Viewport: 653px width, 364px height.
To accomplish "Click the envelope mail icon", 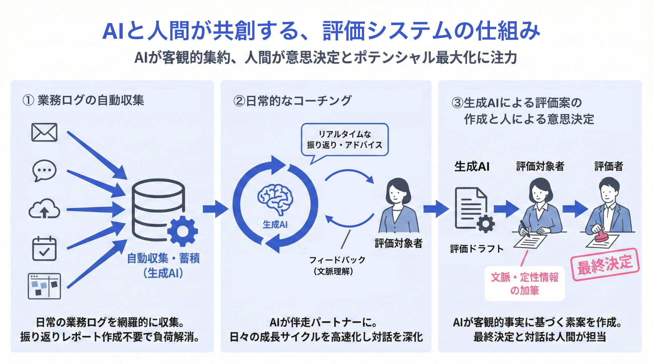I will pyautogui.click(x=44, y=132).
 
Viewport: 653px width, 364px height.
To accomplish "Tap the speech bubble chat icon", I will pyautogui.click(x=44, y=171).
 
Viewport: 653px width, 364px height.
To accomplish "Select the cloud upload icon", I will pyautogui.click(x=44, y=209).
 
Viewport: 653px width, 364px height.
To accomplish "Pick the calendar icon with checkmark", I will pyautogui.click(x=44, y=249).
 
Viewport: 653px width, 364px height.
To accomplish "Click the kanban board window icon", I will pyautogui.click(x=44, y=286).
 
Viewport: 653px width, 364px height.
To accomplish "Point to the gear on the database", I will pyautogui.click(x=182, y=231).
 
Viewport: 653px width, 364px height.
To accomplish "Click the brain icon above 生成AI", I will pyautogui.click(x=275, y=199).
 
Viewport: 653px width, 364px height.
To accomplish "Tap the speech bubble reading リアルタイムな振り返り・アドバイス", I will pyautogui.click(x=344, y=140).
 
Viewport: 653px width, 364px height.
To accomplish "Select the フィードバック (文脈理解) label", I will pyautogui.click(x=337, y=265).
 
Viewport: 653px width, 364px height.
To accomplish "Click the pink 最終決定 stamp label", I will pyautogui.click(x=605, y=264).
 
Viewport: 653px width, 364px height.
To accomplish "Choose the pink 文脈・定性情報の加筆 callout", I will pyautogui.click(x=525, y=284).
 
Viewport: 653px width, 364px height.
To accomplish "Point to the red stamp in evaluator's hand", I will pyautogui.click(x=600, y=234).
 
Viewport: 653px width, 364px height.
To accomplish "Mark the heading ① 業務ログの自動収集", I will pyautogui.click(x=83, y=100).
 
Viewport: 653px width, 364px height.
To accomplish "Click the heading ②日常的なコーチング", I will pyautogui.click(x=292, y=101).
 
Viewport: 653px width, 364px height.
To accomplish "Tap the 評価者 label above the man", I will pyautogui.click(x=608, y=166).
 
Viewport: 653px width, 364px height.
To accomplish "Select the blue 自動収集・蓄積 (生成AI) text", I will pyautogui.click(x=163, y=265).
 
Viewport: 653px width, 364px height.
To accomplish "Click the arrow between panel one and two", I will pyautogui.click(x=216, y=209).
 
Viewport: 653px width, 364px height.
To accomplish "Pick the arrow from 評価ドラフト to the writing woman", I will pyautogui.click(x=506, y=209).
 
